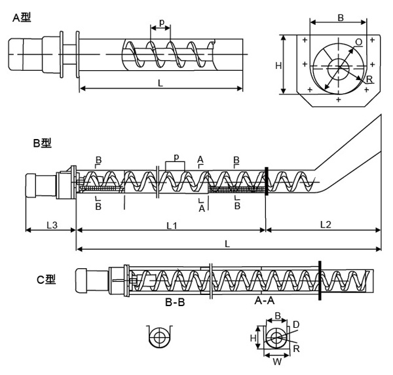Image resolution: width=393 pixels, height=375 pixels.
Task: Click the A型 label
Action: tap(22, 18)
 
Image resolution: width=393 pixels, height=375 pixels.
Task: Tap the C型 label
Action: tap(47, 280)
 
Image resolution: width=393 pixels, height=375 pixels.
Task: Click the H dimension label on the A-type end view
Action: tap(278, 66)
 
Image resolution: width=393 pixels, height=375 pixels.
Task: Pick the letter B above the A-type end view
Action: tap(340, 18)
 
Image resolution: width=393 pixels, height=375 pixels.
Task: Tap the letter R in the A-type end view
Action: tap(369, 79)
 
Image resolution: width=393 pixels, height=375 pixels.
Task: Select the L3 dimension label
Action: tap(51, 225)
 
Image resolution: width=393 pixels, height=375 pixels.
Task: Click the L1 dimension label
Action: tap(172, 225)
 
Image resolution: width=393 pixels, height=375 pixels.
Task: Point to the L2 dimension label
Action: tap(325, 225)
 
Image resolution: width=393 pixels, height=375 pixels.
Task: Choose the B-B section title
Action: tap(176, 304)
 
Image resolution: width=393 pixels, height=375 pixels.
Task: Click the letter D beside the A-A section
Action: tap(296, 325)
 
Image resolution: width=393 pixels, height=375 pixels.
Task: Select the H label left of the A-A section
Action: tap(254, 338)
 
